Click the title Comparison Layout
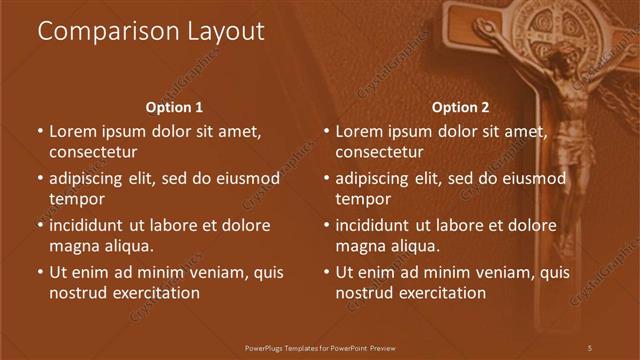coord(151,32)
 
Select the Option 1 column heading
coord(174,107)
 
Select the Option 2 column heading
coord(460,107)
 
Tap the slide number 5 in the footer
coord(590,347)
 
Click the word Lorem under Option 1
coord(73,131)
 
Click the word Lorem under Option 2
coord(359,131)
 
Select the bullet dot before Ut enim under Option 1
coord(40,272)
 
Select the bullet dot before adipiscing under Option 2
coord(326,179)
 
